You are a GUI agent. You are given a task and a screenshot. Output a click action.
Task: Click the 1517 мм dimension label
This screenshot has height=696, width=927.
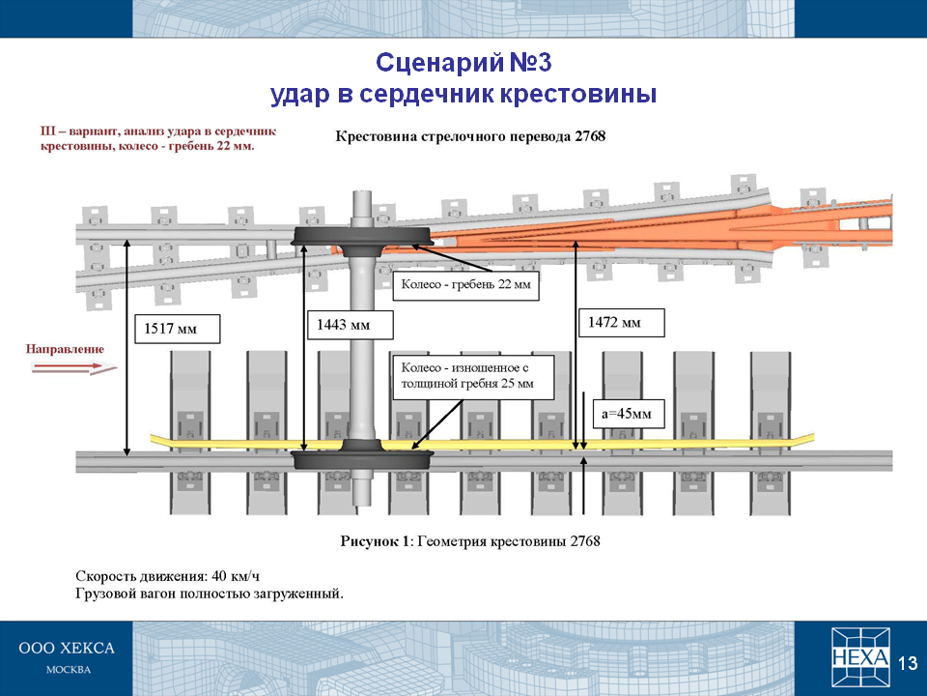178,329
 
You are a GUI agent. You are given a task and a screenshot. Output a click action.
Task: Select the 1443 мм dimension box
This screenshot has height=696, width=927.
350,325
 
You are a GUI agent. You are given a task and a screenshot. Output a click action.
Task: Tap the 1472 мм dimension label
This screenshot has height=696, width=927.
621,323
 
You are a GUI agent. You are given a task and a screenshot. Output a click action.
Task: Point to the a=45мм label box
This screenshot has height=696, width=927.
629,414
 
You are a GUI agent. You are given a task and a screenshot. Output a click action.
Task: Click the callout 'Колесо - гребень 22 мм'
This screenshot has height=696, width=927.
465,284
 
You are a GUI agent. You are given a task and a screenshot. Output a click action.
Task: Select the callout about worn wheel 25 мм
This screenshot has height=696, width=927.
473,377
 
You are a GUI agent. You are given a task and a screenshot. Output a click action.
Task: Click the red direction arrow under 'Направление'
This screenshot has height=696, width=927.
74,368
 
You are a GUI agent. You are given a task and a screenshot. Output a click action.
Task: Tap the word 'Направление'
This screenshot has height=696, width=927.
65,349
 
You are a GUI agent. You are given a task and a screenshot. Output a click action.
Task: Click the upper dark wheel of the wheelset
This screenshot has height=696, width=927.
363,238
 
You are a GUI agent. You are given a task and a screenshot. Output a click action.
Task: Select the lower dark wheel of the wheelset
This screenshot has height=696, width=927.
363,458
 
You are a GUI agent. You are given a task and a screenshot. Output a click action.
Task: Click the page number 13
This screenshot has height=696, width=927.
908,663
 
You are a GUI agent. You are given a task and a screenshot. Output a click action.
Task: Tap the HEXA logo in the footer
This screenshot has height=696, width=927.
860,657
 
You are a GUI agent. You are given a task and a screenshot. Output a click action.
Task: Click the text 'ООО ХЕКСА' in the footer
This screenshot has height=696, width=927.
67,649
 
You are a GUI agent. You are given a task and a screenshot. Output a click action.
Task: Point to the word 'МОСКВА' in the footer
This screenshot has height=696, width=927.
69,670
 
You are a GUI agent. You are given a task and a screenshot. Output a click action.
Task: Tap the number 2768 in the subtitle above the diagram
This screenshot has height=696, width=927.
590,136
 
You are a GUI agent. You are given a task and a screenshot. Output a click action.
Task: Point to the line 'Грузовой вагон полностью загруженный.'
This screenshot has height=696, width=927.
210,594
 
